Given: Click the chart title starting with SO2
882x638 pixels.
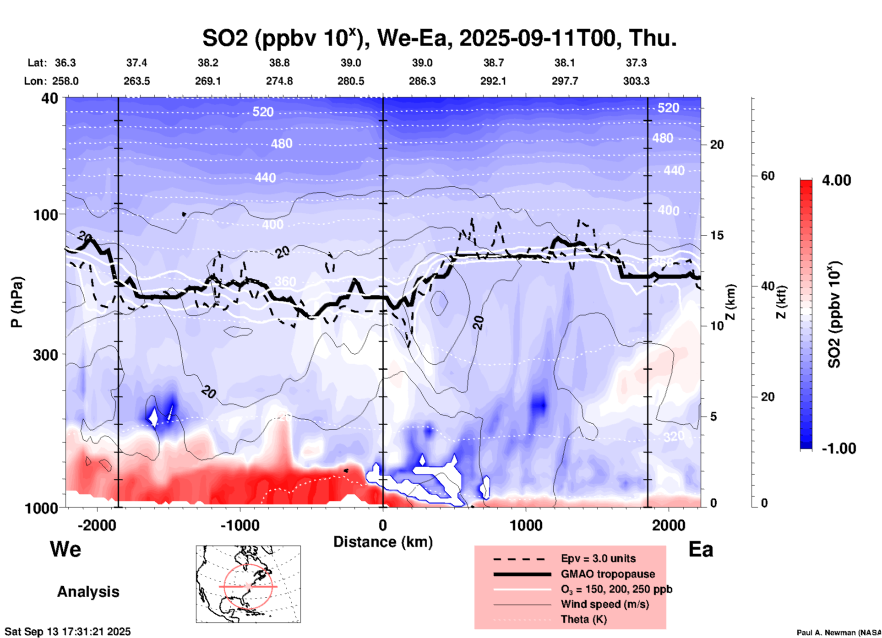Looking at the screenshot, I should coord(439,38).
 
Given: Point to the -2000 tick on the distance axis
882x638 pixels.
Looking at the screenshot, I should coord(97,525).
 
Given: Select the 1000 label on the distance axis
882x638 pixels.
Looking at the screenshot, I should coord(526,525).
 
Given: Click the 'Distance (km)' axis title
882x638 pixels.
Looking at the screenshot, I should coord(383,542).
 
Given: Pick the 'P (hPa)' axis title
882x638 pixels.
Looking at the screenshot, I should coord(17,302).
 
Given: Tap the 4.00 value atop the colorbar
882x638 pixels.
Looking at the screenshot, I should coord(836,180).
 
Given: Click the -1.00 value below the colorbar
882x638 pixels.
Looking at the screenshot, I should coord(838,449).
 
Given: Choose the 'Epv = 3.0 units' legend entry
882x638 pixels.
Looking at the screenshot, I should coord(598,558).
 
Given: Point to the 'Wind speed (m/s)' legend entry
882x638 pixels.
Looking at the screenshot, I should coord(604,604).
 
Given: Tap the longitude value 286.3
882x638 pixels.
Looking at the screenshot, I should coord(422,81).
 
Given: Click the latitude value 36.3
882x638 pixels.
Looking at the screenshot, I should coord(65,63).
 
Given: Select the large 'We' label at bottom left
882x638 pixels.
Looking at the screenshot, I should coord(65,549).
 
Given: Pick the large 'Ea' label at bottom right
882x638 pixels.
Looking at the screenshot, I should coord(701,549).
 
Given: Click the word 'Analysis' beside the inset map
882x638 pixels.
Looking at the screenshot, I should coord(88,592).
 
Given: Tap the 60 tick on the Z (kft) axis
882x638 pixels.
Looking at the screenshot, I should coord(768,176).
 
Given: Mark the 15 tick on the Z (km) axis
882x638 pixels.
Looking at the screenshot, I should coord(717,235).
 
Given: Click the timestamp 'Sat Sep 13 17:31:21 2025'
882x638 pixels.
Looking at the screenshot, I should coord(68,632).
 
